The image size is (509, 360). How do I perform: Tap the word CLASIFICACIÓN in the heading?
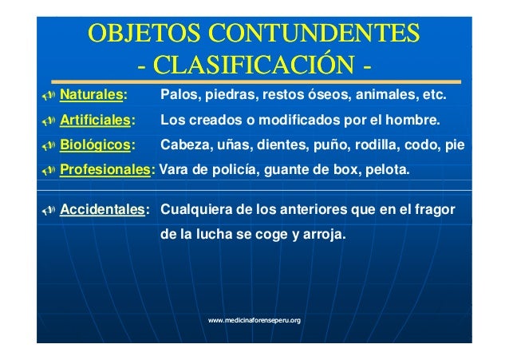point(254,64)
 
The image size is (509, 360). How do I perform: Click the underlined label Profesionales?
point(106,170)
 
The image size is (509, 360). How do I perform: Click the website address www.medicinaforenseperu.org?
point(254,320)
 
